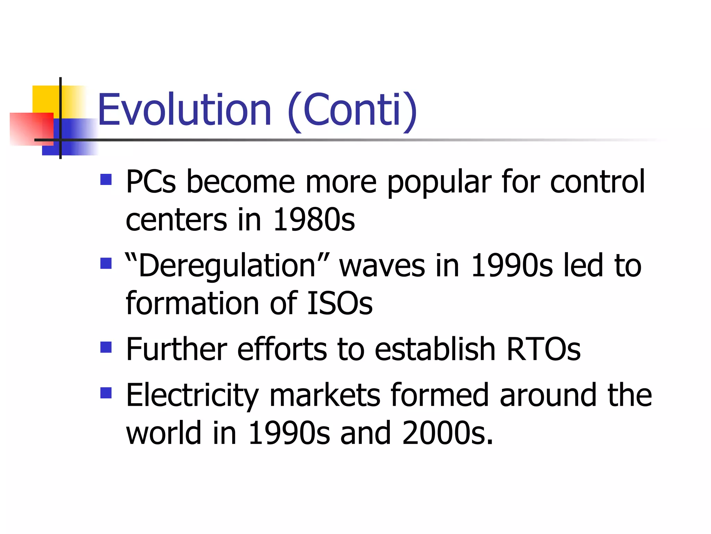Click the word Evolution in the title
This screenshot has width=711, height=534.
point(184,110)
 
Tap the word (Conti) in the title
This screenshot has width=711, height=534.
point(352,110)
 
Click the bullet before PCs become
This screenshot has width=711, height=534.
point(106,179)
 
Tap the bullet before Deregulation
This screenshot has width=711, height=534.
point(106,263)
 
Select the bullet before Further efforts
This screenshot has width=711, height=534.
point(106,347)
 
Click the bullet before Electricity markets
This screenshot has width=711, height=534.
point(106,393)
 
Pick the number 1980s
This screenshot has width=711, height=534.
point(314,220)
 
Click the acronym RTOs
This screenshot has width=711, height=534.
point(543,349)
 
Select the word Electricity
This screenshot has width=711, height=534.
point(192,396)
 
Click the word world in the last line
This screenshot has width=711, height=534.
point(164,433)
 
